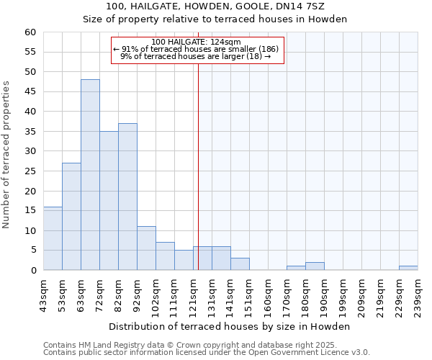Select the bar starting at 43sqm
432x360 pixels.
(53, 238)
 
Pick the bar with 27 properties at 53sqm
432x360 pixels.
(71, 216)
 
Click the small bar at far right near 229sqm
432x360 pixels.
(408, 268)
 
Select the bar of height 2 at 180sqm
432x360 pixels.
(315, 266)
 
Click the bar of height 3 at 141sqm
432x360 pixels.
(240, 264)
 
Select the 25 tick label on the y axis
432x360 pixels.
(30, 171)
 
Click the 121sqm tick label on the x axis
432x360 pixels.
(194, 294)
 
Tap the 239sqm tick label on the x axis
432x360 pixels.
(418, 294)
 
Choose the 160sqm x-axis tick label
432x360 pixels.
(269, 294)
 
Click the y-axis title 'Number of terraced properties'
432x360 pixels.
(6, 155)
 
